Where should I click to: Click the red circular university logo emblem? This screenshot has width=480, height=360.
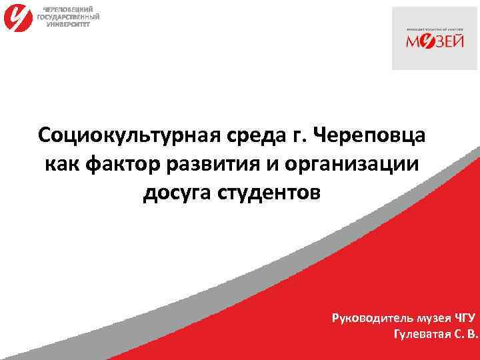pyautogui.click(x=17, y=18)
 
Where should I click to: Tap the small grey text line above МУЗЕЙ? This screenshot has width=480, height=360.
pyautogui.click(x=434, y=30)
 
